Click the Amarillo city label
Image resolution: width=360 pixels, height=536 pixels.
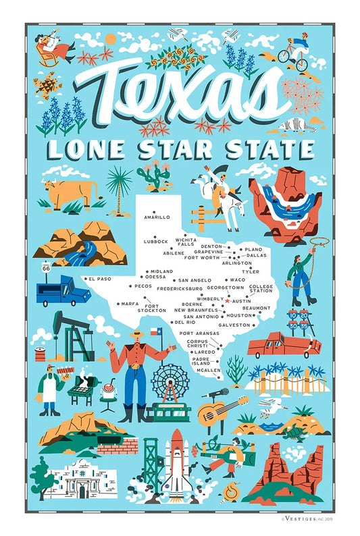point(157,217)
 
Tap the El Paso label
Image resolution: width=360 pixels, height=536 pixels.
point(98,279)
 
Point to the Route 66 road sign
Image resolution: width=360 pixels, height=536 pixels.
point(46,268)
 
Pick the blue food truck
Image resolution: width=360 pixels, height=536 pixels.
point(63,290)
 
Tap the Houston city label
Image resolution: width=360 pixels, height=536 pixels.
point(238,315)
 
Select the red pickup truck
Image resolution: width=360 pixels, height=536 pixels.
point(283,345)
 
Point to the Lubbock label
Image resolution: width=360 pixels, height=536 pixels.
point(155,241)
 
